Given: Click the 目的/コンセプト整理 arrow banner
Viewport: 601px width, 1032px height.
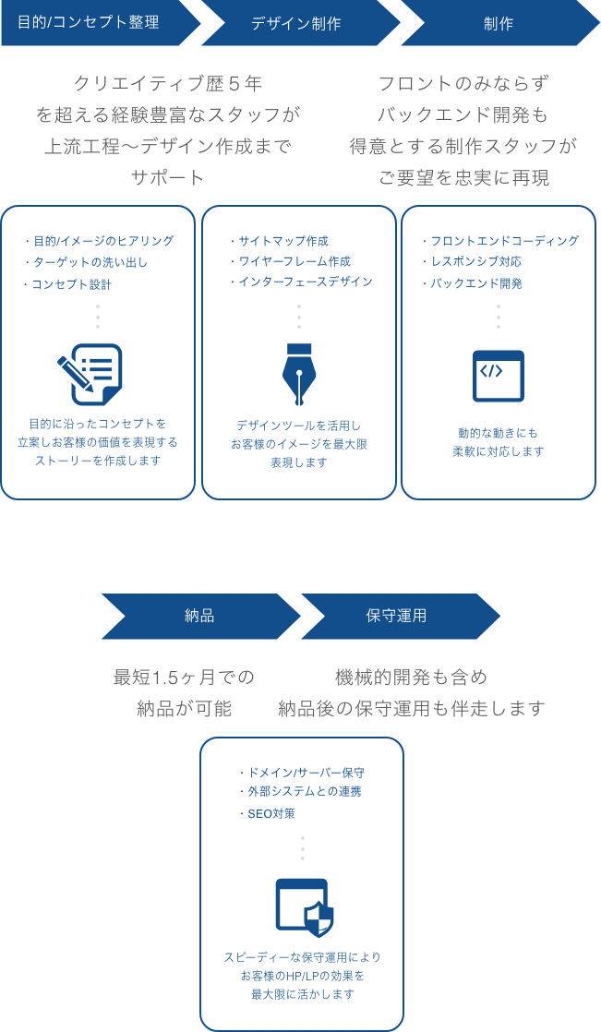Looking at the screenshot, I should [x=92, y=23].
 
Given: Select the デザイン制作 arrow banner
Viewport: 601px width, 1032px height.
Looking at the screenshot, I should [x=297, y=23].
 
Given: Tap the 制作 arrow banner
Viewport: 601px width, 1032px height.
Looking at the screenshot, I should [x=499, y=23].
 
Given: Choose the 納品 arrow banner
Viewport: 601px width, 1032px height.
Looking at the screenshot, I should [x=199, y=616].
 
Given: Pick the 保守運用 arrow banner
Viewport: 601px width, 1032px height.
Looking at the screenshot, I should [x=397, y=616].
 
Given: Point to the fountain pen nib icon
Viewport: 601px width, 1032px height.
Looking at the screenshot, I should [x=298, y=375].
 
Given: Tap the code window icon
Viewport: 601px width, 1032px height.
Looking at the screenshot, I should [x=499, y=376].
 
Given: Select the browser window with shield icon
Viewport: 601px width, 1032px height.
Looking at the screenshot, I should [x=305, y=907].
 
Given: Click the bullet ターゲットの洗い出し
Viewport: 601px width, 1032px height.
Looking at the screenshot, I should [x=88, y=262].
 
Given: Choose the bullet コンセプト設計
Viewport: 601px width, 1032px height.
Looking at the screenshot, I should [x=70, y=284].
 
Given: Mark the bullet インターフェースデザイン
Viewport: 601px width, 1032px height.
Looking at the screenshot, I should [x=304, y=282].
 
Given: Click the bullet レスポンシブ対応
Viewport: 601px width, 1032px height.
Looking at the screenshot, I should [x=475, y=261].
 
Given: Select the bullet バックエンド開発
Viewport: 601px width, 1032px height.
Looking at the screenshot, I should [x=475, y=283].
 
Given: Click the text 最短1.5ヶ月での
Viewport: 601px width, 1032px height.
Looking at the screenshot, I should [x=183, y=678].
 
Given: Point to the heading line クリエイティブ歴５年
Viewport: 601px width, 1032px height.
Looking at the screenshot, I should [x=167, y=84].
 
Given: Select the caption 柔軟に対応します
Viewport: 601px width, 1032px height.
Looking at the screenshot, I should [x=499, y=452].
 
